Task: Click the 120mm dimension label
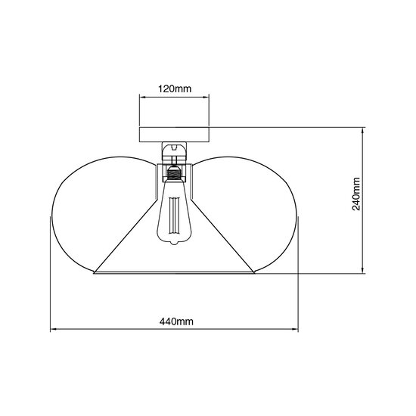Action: pyautogui.click(x=174, y=88)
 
